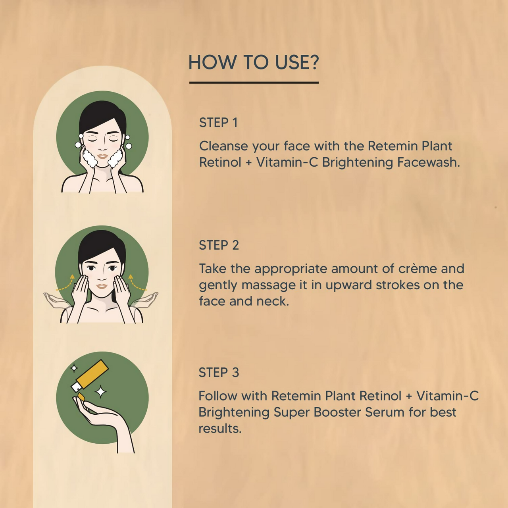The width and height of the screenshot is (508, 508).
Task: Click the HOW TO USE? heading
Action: coord(254,63)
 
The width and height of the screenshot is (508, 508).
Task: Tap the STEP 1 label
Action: coord(218,123)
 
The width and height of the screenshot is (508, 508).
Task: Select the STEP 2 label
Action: coord(219,245)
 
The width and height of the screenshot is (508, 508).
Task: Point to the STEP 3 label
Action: coord(219,373)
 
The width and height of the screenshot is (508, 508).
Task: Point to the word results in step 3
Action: coord(220,429)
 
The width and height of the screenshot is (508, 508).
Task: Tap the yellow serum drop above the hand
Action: coord(81,396)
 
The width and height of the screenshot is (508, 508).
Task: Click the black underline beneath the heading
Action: coord(254,83)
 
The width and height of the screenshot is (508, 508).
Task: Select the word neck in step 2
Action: coord(272,301)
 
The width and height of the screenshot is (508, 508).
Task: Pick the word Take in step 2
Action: coord(213,269)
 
